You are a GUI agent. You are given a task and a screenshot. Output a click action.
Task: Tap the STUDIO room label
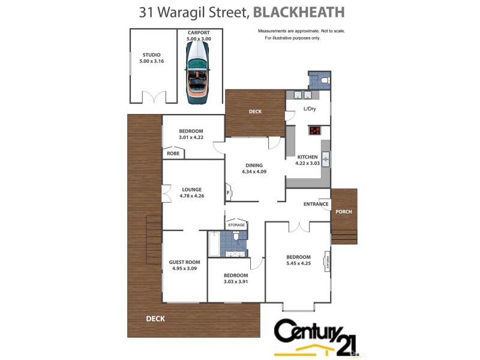[x=151, y=55]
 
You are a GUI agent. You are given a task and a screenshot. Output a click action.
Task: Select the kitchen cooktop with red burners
[x=315, y=131]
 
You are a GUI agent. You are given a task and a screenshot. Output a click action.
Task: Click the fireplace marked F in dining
[x=229, y=193]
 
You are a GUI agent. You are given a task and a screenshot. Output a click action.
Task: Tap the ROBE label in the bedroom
[x=173, y=154]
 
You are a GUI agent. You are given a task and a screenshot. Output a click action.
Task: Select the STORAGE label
[x=236, y=225]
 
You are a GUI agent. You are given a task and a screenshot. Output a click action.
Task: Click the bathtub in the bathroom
[x=214, y=244]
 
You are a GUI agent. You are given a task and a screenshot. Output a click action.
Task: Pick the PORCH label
[x=344, y=212]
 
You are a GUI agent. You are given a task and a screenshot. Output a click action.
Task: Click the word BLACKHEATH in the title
[x=299, y=12]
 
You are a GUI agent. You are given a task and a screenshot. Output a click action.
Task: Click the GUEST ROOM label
[x=185, y=262]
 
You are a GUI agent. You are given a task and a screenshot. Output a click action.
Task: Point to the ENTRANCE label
[x=316, y=204]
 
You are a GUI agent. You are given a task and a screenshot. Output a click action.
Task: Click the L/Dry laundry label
[x=310, y=109]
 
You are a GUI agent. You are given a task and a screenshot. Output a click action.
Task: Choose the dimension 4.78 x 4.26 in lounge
[x=192, y=196]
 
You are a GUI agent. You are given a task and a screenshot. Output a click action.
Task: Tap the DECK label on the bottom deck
[x=155, y=319]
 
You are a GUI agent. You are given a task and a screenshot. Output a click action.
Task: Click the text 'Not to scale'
[x=331, y=31]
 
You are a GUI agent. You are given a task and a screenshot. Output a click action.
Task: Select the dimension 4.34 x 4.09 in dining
[x=254, y=172]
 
